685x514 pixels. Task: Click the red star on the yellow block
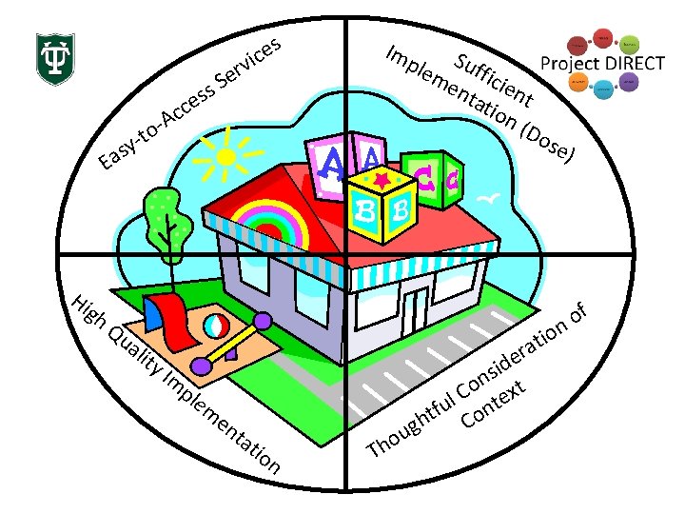pyautogui.click(x=382, y=178)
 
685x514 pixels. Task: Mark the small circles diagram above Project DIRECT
pyautogui.click(x=602, y=41)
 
